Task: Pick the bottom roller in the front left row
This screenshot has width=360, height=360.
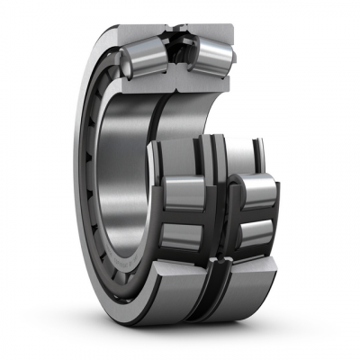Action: click(x=184, y=236)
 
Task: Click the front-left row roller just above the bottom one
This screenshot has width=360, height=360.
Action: click(x=184, y=191)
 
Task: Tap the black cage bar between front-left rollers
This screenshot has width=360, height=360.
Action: click(x=184, y=214)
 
